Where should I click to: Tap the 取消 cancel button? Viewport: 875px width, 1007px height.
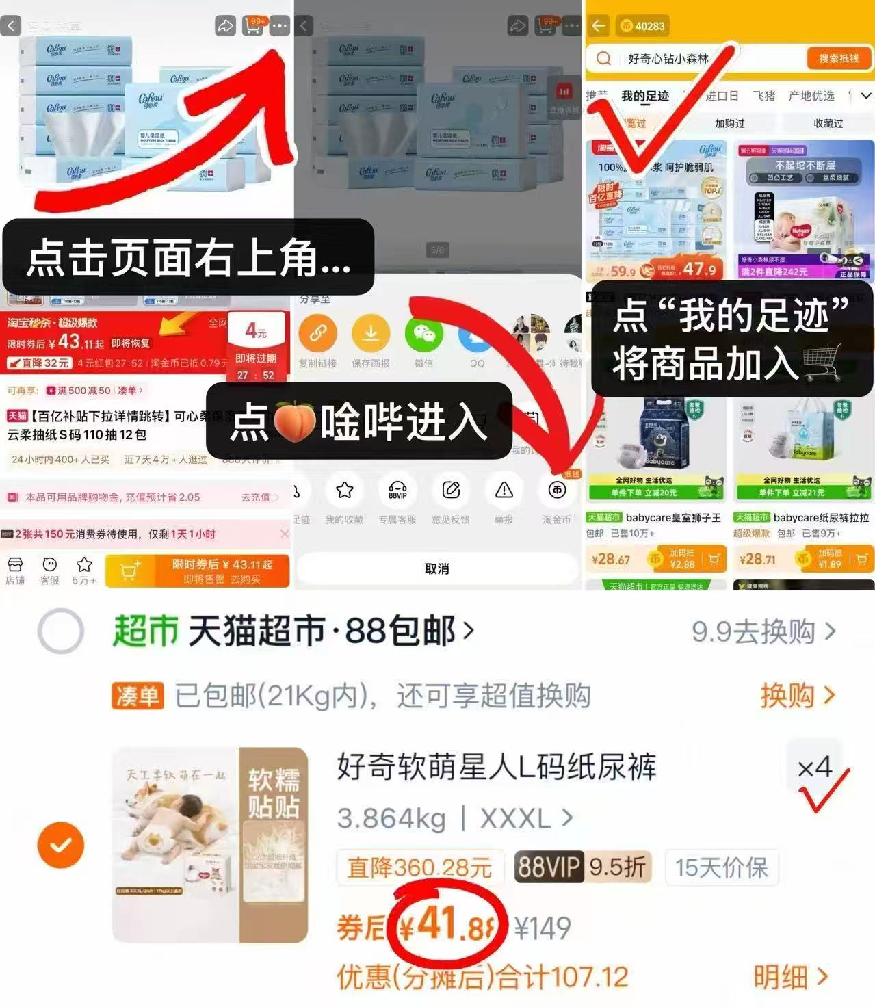pos(436,568)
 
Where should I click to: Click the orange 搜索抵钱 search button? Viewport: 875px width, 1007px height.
pos(838,59)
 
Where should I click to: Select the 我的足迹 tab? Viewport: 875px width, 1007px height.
pos(644,96)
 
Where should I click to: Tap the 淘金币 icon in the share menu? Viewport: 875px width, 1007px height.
pos(557,491)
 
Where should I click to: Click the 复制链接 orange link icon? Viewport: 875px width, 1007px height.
pos(317,334)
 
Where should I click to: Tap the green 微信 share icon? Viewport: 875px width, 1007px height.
pos(424,334)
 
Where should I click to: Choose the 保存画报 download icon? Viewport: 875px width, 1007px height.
pos(371,334)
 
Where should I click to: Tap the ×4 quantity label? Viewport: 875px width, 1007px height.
pos(814,768)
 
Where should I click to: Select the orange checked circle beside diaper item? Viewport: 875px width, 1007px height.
pos(61,846)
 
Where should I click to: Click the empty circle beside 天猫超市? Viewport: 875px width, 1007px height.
pos(61,631)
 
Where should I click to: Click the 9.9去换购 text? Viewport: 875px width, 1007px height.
pos(763,631)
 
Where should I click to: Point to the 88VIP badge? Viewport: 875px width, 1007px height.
pos(549,867)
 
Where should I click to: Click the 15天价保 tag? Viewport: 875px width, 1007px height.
pos(721,867)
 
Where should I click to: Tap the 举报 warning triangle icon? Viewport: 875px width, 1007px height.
pos(504,491)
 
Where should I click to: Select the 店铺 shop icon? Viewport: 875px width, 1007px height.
pos(15,570)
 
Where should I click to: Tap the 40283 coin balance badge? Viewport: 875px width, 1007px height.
pos(642,26)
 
